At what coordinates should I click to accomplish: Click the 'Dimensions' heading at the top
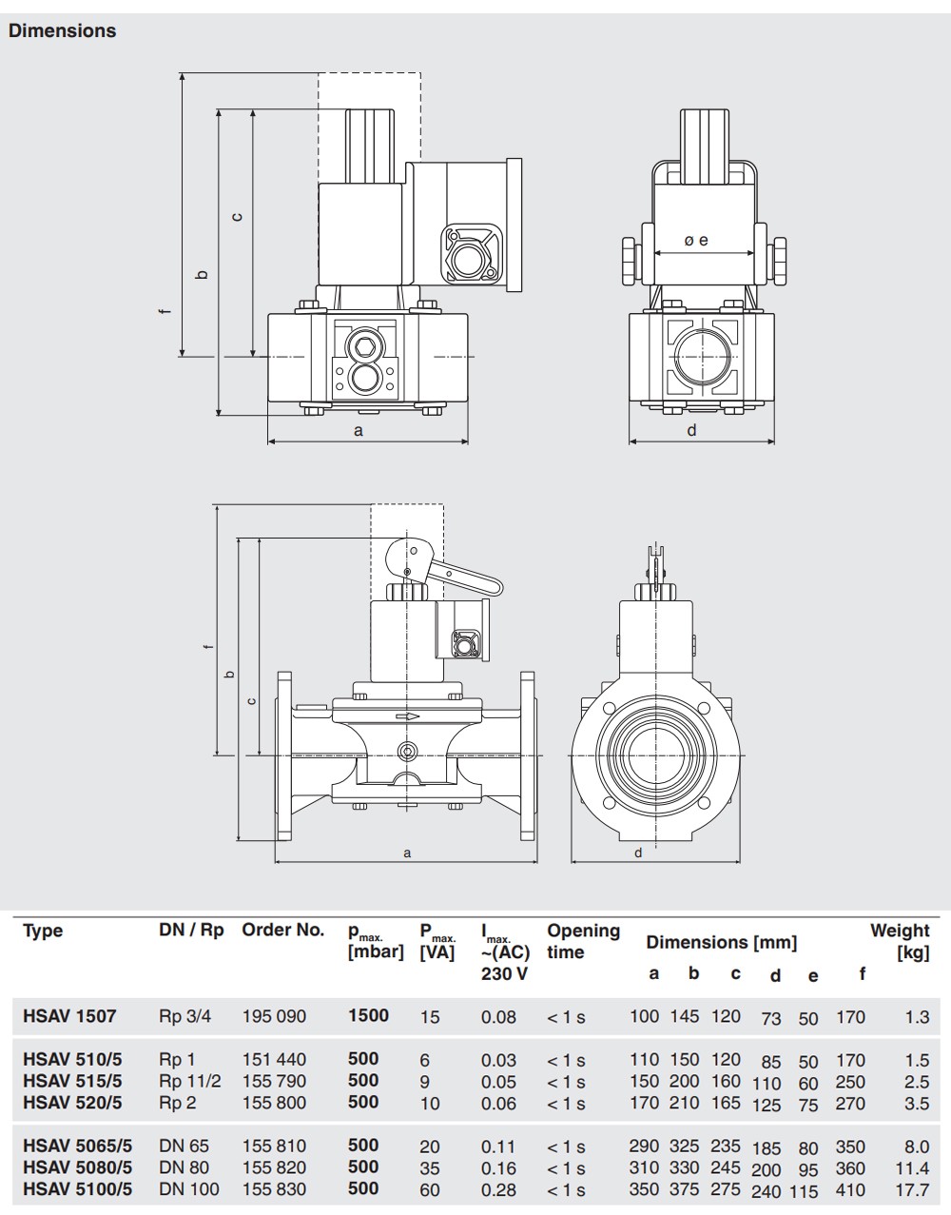[62, 30]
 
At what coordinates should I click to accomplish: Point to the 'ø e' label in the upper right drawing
[696, 240]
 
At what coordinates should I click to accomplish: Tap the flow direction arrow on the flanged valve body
[407, 716]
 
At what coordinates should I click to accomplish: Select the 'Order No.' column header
[282, 930]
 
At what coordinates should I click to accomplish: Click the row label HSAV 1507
[69, 1015]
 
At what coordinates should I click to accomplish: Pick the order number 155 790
[274, 1081]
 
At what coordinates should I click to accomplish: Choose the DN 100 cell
[189, 1188]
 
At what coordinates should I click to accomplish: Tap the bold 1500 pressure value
[368, 1015]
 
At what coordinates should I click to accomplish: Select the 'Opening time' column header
[583, 941]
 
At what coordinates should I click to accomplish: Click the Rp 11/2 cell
[190, 1081]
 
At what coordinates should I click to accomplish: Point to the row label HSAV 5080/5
[77, 1166]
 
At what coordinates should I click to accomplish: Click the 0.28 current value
[499, 1189]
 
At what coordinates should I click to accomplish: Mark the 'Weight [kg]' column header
[900, 941]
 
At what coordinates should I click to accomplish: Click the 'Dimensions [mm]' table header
[722, 943]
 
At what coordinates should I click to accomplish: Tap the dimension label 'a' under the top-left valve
[359, 431]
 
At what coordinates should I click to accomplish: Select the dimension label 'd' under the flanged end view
[638, 852]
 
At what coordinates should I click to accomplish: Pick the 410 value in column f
[850, 1189]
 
